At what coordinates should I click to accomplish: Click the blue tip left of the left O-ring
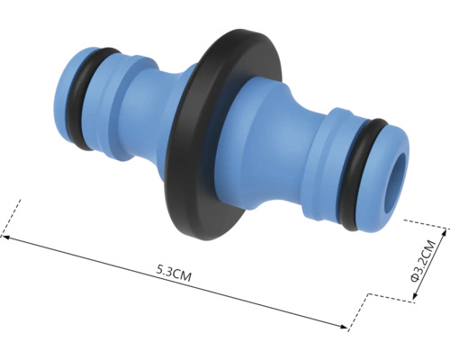pyautogui.click(x=70, y=90)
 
